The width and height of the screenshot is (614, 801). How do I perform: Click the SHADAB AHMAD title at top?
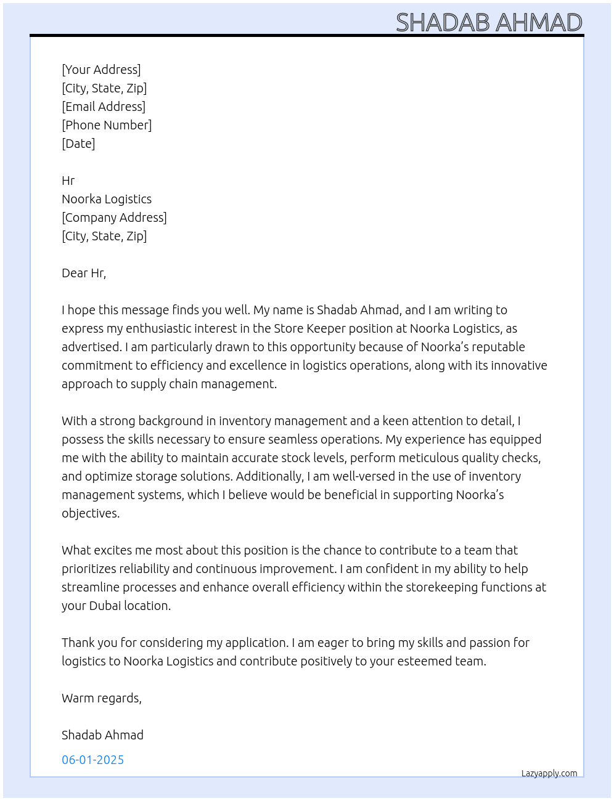point(489,22)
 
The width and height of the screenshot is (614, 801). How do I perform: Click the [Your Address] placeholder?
point(101,70)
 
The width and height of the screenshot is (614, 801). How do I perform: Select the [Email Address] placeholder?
point(104,107)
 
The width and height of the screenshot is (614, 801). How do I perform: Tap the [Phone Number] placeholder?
point(107,125)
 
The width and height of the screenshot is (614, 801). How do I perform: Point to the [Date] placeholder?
point(78,144)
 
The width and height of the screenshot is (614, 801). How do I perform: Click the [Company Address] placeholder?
point(114,218)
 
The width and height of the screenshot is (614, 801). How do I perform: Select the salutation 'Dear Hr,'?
point(84,273)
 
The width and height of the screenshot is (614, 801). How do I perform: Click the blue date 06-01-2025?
point(92,760)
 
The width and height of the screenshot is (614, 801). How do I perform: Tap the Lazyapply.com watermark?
point(549,773)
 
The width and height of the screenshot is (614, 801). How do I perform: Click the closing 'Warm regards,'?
point(102,698)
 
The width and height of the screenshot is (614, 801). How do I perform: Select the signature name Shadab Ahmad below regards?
point(102,735)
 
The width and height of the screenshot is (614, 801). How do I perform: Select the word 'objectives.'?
point(91,513)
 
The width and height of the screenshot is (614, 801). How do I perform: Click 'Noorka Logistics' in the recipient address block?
point(107,199)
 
